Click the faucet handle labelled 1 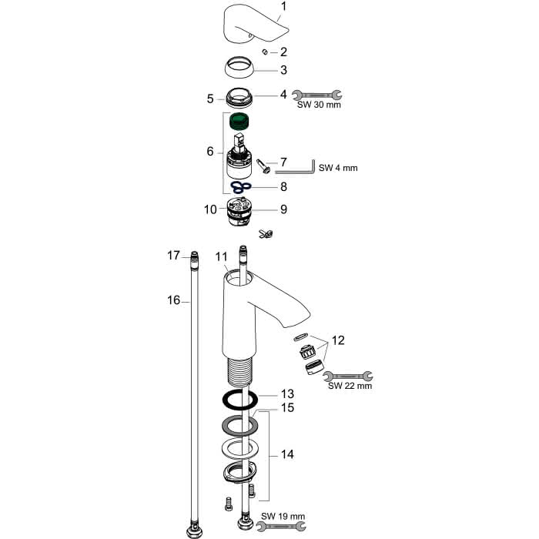[x=254, y=24]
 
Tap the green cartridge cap [x=239, y=122]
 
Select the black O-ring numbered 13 [x=240, y=399]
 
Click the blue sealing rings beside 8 [x=241, y=187]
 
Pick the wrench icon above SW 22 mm [x=348, y=376]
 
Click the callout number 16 [x=173, y=300]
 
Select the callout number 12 [x=338, y=340]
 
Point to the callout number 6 [x=210, y=152]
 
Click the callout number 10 [x=210, y=209]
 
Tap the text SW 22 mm [x=350, y=386]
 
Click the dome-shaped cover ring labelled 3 [x=239, y=68]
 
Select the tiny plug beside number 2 [x=265, y=52]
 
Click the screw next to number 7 [x=263, y=166]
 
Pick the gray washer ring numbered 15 [x=239, y=426]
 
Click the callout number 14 [x=287, y=454]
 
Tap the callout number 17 [x=173, y=256]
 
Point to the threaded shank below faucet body [x=240, y=370]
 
